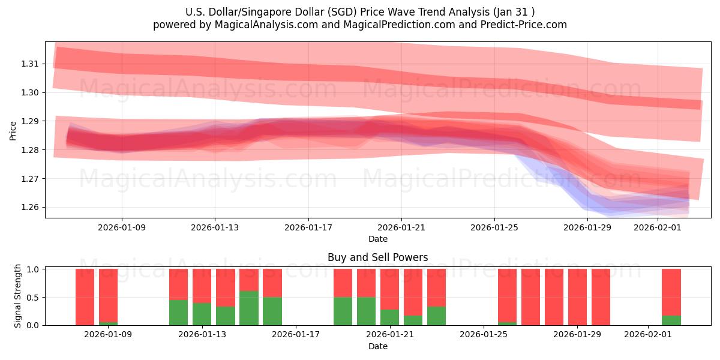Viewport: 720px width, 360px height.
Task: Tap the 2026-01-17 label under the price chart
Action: [308, 228]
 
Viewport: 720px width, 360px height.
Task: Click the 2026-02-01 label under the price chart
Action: [658, 228]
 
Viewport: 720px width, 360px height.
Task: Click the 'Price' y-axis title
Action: [13, 130]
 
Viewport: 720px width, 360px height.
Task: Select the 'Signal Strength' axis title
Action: [18, 296]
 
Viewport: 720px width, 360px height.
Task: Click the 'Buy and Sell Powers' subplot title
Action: [378, 257]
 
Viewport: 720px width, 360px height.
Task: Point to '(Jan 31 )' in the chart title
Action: [514, 11]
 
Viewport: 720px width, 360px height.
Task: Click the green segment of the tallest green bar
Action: [249, 308]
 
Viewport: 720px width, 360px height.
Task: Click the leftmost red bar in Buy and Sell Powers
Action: [85, 296]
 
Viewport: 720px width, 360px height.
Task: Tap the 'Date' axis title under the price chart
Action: [378, 239]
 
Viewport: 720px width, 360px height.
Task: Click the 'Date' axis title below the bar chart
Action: [378, 346]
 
